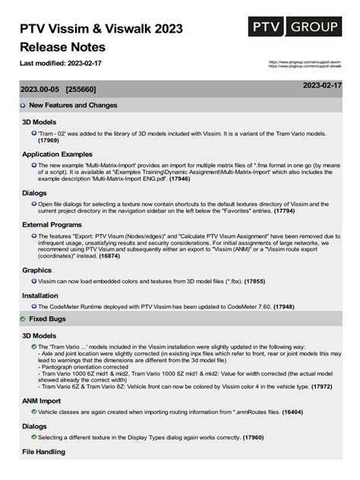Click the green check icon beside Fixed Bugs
(x=23, y=320)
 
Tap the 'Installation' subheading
(x=40, y=295)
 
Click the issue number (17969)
(x=49, y=141)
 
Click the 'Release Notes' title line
(x=67, y=45)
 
